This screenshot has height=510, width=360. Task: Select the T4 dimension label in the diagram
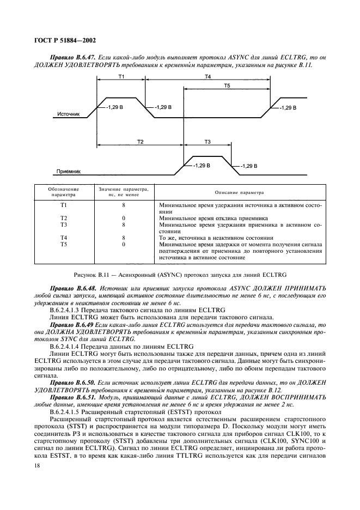pyautogui.click(x=208, y=77)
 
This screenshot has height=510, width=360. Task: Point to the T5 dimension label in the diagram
pyautogui.click(x=226, y=86)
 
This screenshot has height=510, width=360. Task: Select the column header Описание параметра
pyautogui.click(x=242, y=192)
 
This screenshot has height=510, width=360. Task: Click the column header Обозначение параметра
pyautogui.click(x=64, y=192)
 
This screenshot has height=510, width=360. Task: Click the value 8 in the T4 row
pyautogui.click(x=124, y=238)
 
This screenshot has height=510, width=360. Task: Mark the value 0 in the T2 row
pyautogui.click(x=124, y=218)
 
